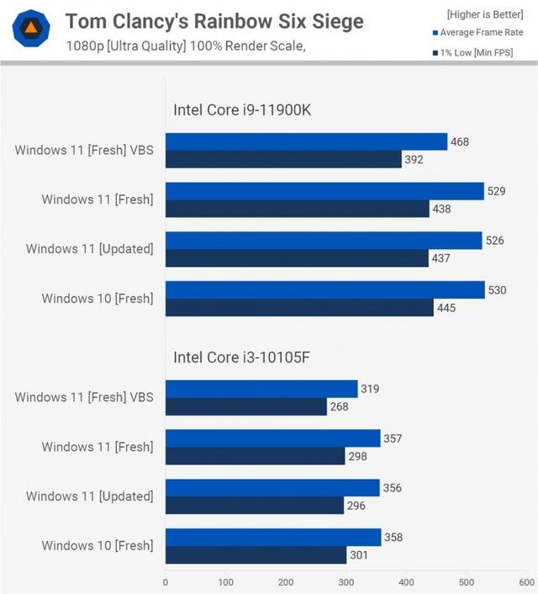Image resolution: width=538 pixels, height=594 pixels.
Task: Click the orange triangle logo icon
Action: (31, 29)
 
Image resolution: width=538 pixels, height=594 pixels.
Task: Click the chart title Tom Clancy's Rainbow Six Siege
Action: (215, 21)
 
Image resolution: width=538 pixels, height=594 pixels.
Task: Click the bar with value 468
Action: (306, 141)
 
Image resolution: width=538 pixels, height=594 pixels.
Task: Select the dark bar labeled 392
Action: (283, 159)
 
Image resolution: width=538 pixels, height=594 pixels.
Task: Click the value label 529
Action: (497, 191)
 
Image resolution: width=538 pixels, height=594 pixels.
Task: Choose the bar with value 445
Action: (299, 308)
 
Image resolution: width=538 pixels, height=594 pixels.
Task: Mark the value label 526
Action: (494, 241)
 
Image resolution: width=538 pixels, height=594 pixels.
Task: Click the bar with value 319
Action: (261, 389)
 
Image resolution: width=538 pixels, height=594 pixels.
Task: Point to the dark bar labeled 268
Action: (245, 406)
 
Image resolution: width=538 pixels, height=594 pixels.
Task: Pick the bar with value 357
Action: (272, 438)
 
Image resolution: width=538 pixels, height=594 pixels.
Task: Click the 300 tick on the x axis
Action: (346, 581)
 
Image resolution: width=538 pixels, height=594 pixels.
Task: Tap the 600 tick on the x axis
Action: (526, 581)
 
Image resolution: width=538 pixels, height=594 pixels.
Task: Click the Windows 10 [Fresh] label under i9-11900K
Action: (98, 299)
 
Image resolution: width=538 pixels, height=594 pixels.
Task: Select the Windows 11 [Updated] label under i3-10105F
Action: (90, 496)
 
